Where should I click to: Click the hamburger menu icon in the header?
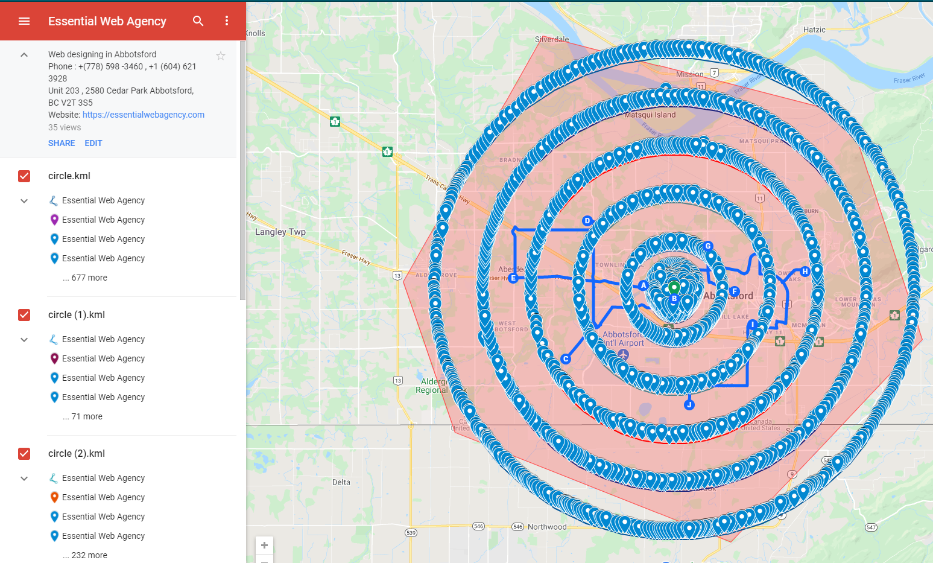pos(24,21)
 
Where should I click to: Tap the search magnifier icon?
pos(198,21)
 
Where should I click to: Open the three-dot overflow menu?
pos(227,21)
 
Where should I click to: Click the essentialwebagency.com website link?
pos(144,115)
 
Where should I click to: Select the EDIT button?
pos(93,143)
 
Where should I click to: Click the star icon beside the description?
pos(221,56)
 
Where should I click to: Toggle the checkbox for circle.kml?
pos(24,176)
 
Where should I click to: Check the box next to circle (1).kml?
pos(24,315)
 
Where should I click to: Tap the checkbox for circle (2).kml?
pos(24,454)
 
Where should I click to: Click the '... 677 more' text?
pos(85,278)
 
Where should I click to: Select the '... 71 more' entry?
pos(83,416)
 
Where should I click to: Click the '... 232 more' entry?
pos(85,555)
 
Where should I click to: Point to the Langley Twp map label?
pos(280,232)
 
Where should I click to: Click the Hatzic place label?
pos(814,30)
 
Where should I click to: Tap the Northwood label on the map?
pos(547,527)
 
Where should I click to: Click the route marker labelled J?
pos(689,405)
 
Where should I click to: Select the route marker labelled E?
pos(513,278)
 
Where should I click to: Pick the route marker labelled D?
pos(587,221)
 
